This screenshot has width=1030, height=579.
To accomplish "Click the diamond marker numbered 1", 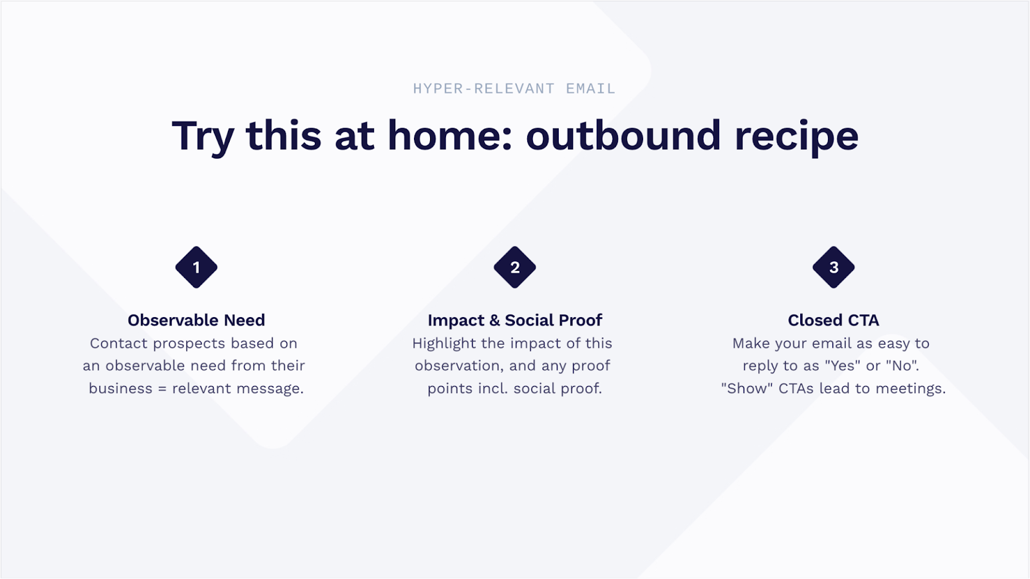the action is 196,268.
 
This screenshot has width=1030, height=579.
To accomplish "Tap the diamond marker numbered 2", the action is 515,268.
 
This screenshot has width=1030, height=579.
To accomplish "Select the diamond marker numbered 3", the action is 834,268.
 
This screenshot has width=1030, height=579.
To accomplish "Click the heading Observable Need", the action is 196,320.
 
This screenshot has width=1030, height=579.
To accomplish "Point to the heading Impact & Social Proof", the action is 515,320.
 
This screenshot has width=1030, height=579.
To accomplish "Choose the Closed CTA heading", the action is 834,320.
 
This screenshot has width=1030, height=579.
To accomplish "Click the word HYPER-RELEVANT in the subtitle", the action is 483,88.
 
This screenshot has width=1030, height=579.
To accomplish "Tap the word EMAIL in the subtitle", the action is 590,88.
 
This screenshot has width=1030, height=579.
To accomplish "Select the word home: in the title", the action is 450,135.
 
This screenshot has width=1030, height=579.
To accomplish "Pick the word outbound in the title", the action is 623,135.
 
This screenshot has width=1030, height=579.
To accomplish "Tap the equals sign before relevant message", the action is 162,389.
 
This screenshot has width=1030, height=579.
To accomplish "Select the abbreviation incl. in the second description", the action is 493,389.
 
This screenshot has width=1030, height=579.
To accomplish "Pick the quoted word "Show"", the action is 747,389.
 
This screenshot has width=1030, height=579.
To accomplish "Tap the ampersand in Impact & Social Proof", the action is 495,320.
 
